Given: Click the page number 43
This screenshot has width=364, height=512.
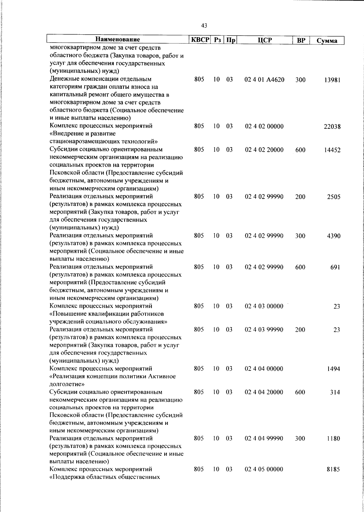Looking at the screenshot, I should tap(204, 26).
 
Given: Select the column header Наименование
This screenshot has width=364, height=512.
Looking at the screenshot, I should tap(118, 40).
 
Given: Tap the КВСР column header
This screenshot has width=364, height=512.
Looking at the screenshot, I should tap(200, 40).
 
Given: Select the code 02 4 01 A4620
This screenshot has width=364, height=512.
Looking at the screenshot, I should tap(264, 80).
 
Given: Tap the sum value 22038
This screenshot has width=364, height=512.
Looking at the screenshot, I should tap(332, 127).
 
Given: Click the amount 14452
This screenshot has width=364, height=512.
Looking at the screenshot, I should tap(332, 150).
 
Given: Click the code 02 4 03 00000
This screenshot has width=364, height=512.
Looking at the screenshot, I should tap(264, 306).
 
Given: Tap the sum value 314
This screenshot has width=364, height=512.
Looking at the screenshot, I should tap(335, 392).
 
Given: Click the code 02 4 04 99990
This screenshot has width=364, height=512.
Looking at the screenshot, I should tap(264, 439).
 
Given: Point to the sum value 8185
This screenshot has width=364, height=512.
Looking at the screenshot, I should tap(334, 478).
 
